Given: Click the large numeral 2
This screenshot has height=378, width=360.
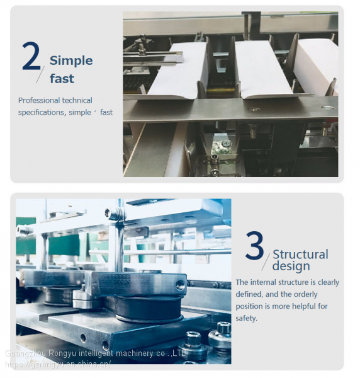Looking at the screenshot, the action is [31, 56].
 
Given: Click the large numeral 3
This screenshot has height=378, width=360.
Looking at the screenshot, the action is [254, 246].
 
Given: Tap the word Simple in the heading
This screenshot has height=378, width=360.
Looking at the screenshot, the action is [71, 60].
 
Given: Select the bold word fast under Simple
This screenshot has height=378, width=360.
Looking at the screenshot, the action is [62, 79].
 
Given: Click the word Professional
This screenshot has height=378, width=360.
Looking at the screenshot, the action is [39, 100].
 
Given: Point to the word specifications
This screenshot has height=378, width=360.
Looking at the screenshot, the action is [42, 112].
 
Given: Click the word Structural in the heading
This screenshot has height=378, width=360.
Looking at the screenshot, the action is [300, 255].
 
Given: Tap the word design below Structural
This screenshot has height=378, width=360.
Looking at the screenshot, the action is [291, 266].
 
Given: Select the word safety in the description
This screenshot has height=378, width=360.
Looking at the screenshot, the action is [246, 318].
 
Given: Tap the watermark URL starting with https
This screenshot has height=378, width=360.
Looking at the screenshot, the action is [58, 364].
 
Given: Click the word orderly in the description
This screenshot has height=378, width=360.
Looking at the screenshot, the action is [305, 294].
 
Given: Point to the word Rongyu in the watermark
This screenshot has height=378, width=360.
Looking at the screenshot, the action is [62, 353].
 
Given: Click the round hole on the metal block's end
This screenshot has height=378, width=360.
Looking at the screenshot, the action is [180, 285].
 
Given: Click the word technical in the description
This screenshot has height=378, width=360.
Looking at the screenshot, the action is [77, 100].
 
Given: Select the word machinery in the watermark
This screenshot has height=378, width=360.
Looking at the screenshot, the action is [135, 353].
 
